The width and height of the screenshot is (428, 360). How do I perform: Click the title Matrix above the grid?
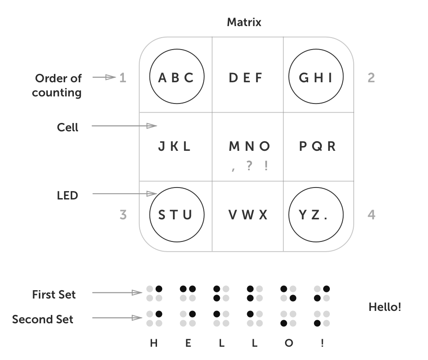tap(244, 22)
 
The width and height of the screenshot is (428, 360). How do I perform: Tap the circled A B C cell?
tap(177, 77)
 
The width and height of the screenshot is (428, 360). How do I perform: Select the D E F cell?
tap(246, 78)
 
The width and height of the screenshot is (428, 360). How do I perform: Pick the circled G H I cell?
tap(316, 77)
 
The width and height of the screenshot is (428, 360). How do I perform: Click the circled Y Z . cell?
tap(316, 215)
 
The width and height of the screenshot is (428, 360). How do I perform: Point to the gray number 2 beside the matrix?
tap(371, 78)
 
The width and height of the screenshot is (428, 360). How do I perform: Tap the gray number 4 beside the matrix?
tap(371, 215)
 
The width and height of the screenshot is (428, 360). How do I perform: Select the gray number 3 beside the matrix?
tap(123, 215)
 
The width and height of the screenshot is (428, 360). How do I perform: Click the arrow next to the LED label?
tap(125, 194)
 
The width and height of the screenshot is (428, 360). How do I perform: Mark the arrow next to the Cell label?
tap(125, 126)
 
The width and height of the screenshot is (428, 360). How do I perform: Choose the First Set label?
tap(54, 295)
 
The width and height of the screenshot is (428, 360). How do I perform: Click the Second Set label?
tap(43, 319)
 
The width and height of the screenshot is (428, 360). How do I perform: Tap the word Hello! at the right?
tap(385, 307)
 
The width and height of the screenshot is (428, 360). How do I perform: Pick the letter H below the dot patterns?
tap(153, 343)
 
